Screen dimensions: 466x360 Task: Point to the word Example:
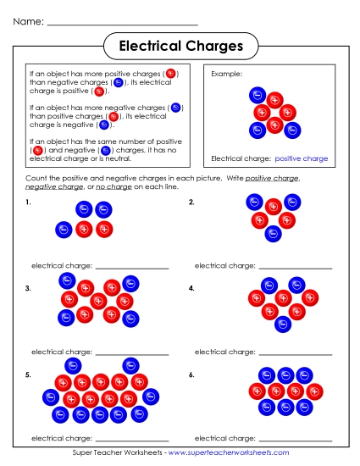click(x=226, y=74)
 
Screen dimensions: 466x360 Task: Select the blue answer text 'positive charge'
click(x=302, y=158)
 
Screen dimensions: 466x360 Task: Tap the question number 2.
click(x=191, y=203)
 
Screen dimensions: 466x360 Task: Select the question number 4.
click(x=191, y=289)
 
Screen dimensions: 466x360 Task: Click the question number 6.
click(x=191, y=374)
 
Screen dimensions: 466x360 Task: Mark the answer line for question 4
click(x=296, y=353)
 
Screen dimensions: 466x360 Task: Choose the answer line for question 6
click(x=296, y=440)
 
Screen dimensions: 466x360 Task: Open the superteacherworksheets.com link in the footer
click(x=229, y=453)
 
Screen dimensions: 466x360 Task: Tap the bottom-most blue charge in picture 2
click(x=273, y=234)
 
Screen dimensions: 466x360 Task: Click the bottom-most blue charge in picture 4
click(x=284, y=324)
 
